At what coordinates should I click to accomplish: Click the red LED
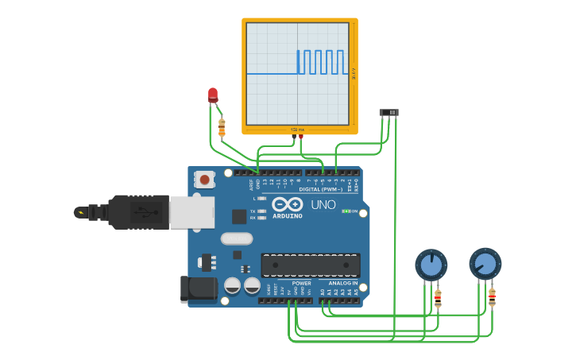(x=212, y=95)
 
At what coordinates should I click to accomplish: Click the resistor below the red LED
(x=222, y=126)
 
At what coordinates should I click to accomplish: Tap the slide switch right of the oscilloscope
(x=389, y=113)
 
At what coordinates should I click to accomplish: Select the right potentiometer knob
(x=485, y=264)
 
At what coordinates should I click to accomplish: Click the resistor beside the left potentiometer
(x=438, y=299)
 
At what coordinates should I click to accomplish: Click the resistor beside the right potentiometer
(x=492, y=297)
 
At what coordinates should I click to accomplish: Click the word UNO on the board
(x=323, y=205)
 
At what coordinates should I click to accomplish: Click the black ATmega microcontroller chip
(x=311, y=265)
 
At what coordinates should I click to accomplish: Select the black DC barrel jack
(x=198, y=288)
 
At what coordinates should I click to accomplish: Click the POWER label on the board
(x=301, y=283)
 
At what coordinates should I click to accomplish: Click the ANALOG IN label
(x=338, y=283)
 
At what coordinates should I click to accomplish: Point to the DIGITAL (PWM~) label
(x=321, y=189)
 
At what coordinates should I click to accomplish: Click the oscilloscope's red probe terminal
(x=301, y=137)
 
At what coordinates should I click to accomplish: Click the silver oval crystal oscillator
(x=237, y=238)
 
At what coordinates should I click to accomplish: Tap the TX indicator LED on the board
(x=261, y=211)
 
